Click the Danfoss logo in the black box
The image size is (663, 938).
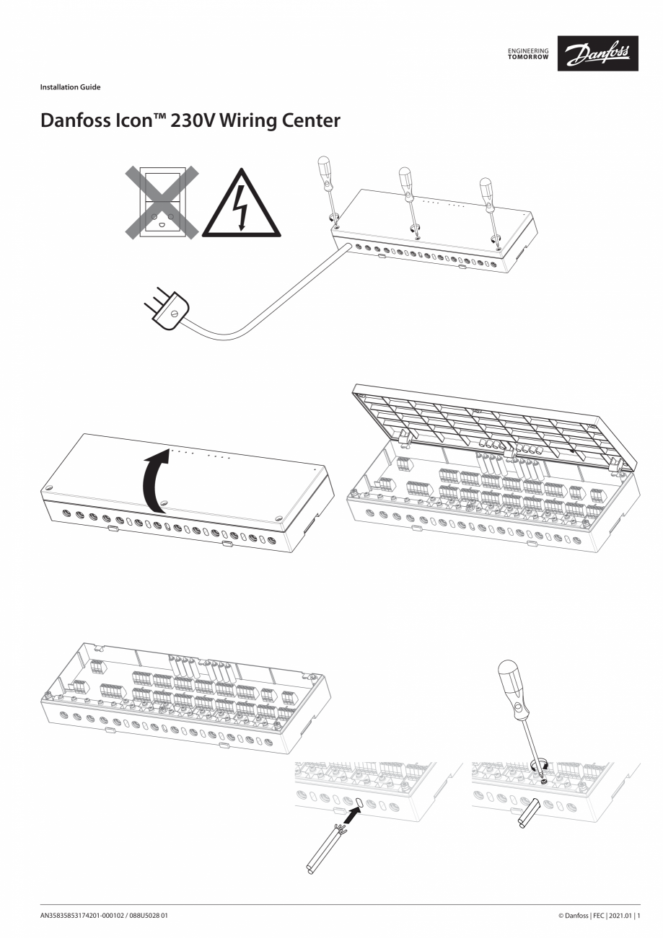[597, 53]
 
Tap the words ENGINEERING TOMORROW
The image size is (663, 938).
[528, 54]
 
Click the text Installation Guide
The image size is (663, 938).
[70, 87]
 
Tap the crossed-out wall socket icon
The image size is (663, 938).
[162, 203]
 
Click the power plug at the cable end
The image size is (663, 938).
[167, 306]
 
